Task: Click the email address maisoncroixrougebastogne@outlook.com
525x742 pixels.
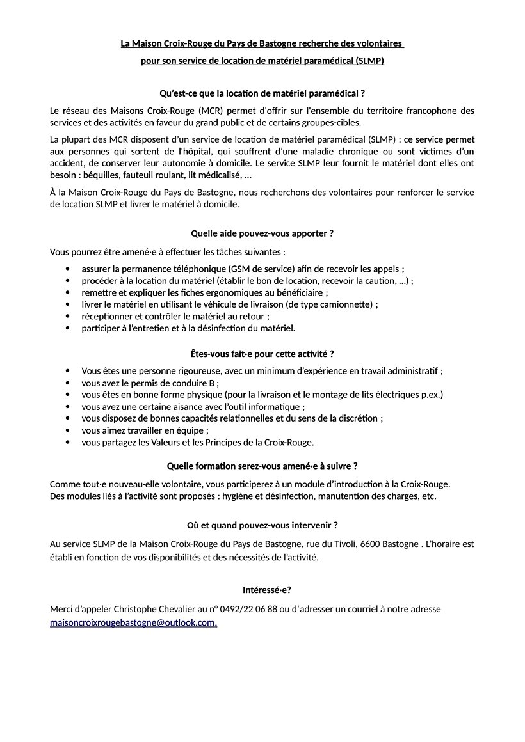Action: pos(133,622)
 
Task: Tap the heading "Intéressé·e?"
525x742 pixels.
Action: pos(262,590)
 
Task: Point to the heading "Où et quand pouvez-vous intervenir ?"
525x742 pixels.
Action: pos(262,525)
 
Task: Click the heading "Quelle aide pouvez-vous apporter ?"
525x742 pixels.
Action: pos(262,233)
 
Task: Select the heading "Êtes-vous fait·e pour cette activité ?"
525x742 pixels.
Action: pos(262,353)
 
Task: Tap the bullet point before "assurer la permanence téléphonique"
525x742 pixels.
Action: pos(69,269)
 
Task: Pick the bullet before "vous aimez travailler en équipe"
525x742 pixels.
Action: pos(69,430)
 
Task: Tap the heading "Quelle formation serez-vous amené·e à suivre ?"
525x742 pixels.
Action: pos(262,465)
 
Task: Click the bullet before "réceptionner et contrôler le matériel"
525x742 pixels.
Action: pos(69,317)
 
